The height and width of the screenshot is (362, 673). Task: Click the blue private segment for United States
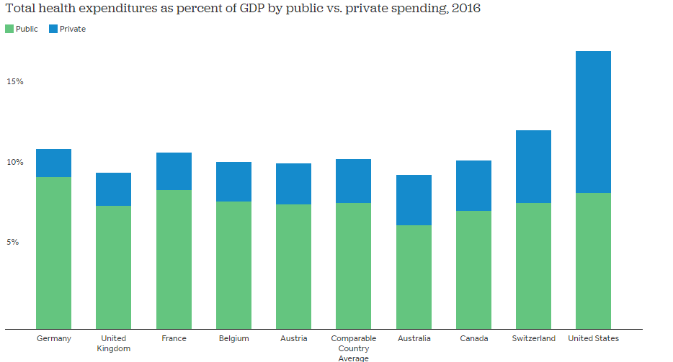[594, 122]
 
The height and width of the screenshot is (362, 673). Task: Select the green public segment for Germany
[53, 253]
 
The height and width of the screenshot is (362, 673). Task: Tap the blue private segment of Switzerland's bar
[534, 166]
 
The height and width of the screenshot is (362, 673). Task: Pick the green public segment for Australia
[414, 277]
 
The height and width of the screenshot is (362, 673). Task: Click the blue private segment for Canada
[474, 186]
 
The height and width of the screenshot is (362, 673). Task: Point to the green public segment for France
[174, 259]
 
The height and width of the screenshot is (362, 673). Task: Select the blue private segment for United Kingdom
[114, 189]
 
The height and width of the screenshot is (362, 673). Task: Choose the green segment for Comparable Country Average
[354, 266]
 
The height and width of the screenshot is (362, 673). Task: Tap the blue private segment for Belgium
[234, 181]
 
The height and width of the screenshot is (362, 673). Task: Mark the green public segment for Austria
[294, 266]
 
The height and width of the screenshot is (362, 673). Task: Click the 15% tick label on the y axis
[15, 81]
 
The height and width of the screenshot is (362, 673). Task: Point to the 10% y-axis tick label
[15, 162]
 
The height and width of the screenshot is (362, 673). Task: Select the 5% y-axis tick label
[13, 242]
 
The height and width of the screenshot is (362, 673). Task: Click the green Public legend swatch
[9, 29]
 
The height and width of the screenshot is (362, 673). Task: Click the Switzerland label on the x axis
[534, 338]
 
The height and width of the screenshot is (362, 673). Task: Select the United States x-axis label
[594, 338]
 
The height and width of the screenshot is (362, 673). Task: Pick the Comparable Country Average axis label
[354, 348]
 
